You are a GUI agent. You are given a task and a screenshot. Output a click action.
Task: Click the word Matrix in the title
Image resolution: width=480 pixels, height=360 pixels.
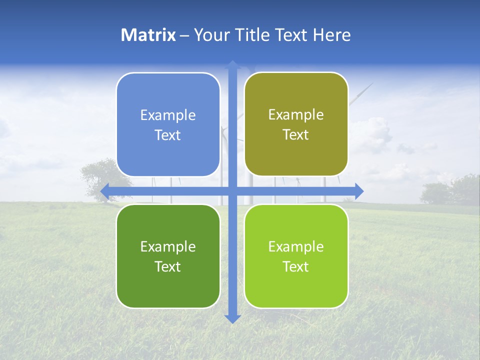coord(148,35)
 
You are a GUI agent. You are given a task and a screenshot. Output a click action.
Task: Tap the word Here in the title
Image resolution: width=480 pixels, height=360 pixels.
coord(331,35)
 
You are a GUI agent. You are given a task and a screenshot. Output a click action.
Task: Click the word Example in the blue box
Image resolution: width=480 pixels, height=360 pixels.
coord(168,115)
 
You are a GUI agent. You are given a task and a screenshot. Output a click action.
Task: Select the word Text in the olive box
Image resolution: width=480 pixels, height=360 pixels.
coord(296,135)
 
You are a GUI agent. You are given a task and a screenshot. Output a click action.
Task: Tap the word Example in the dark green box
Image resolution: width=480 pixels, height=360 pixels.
coord(168,246)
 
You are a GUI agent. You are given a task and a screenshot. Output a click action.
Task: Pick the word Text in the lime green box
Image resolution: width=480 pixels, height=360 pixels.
coord(296,266)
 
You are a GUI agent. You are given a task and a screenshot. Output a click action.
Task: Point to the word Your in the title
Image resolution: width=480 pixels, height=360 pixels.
coord(210,35)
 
